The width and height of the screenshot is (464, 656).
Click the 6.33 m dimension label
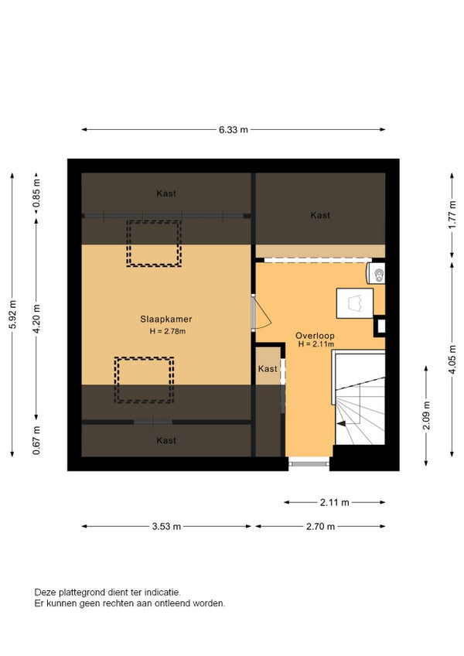point(233,130)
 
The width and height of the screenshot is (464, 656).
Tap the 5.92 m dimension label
point(13,315)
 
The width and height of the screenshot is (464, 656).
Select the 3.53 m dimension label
point(166,526)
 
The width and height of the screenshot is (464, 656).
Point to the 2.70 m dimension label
point(320,526)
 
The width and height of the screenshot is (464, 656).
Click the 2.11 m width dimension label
point(334,503)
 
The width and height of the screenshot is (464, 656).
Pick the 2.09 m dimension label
point(426,415)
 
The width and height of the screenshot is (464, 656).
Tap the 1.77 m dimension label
point(452,215)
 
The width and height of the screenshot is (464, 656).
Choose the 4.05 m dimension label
point(452,360)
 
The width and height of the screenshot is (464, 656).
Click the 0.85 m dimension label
point(37,193)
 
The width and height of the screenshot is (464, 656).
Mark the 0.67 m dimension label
point(37,440)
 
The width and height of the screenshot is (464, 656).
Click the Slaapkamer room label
point(166,319)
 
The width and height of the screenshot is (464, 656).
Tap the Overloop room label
point(315,336)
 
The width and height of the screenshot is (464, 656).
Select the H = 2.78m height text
point(168,331)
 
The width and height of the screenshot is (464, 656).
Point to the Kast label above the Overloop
point(320,215)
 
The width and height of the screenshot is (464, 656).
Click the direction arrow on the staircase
point(341,423)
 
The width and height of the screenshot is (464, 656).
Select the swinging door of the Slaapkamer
point(261,313)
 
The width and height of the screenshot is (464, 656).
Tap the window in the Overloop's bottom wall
point(309,463)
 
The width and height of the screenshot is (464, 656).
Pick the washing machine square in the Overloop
point(355,303)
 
